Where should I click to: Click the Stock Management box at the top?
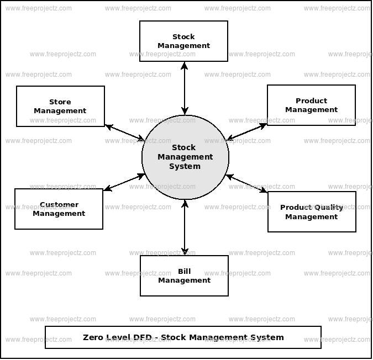click(183, 41)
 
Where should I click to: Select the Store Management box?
click(60, 107)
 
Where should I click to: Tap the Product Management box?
click(311, 105)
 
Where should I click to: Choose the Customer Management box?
click(59, 209)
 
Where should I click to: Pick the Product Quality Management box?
click(312, 212)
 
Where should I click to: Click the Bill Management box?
click(184, 276)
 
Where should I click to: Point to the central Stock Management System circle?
click(185, 157)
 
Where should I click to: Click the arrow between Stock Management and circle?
click(185, 88)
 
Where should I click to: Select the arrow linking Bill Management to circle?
click(185, 227)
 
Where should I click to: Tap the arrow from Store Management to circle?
click(125, 133)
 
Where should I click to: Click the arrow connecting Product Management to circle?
click(247, 131)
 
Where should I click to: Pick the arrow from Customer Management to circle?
click(124, 183)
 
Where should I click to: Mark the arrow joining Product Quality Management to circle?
click(247, 184)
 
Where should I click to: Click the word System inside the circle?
click(185, 167)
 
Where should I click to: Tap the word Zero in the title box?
click(93, 337)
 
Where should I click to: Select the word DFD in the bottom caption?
click(143, 337)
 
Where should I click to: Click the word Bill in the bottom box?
click(185, 272)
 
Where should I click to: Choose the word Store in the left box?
click(60, 102)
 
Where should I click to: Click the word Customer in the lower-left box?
click(59, 205)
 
